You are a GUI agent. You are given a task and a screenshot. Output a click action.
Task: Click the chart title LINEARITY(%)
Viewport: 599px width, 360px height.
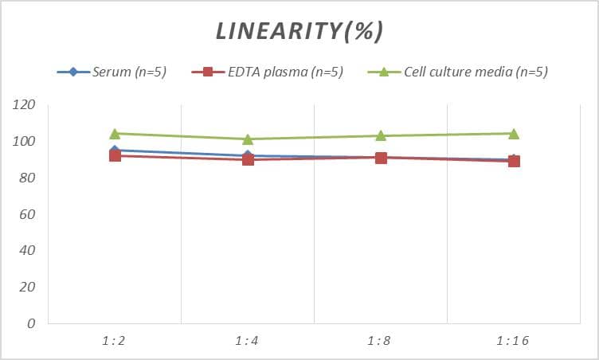tap(299, 31)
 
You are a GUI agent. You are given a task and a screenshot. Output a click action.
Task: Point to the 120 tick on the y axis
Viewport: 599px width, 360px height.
tap(25, 105)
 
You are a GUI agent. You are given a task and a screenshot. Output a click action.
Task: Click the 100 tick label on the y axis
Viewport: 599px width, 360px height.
tap(25, 142)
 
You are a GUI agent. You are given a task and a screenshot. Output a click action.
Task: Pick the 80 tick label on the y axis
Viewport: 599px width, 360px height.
tap(28, 178)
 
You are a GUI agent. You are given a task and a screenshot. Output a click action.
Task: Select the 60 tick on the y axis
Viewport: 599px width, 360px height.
tap(28, 215)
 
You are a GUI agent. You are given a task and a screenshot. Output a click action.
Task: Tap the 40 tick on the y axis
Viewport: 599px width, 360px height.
tap(28, 251)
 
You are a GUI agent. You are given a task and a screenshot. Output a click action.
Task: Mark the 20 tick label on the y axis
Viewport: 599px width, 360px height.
tap(28, 288)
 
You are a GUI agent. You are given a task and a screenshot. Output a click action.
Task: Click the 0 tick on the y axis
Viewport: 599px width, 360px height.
tap(31, 324)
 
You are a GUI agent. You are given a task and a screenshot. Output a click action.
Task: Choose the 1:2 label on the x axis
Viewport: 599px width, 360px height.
tap(114, 341)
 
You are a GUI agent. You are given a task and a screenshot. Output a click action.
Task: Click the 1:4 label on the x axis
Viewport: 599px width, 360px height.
tap(247, 341)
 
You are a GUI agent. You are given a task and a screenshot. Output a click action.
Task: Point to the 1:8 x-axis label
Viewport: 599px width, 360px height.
tap(381, 341)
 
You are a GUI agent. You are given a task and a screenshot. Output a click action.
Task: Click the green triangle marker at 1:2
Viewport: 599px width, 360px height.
tap(115, 133)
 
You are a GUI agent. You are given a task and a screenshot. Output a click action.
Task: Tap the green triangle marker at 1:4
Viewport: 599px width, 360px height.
tap(248, 139)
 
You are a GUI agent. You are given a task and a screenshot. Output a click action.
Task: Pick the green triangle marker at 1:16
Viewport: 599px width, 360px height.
tap(514, 133)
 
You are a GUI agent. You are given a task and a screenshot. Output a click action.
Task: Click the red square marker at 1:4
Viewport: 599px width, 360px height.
tap(248, 159)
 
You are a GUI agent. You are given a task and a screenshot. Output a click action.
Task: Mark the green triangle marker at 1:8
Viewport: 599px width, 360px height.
tap(381, 135)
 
